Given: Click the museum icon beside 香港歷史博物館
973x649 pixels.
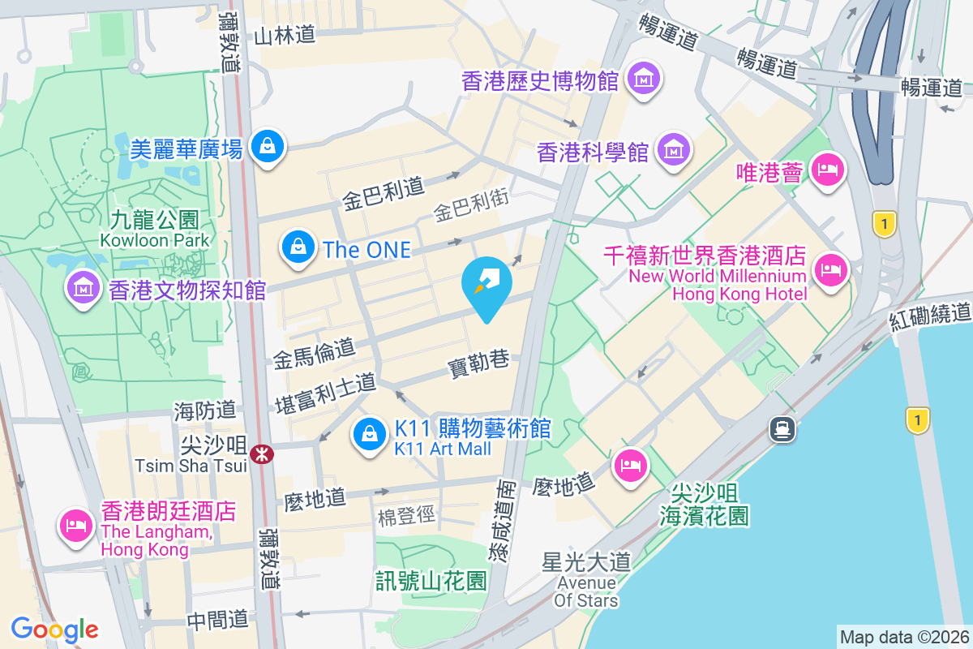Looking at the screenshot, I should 646,80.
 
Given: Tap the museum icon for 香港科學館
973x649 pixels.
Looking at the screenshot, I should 674,150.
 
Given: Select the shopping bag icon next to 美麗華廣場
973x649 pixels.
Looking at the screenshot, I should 266,146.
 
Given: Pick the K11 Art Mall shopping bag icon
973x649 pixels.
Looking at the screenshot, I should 370,433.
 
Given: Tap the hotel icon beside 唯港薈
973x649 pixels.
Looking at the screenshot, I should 828,170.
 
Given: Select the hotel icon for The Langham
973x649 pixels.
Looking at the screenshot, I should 75,523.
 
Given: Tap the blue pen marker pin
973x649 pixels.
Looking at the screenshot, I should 486,281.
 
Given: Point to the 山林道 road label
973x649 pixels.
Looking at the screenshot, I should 284,36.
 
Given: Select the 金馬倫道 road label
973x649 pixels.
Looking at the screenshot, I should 314,352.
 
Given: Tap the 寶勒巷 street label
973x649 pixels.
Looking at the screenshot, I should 478,366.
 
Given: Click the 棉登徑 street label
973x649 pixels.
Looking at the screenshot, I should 407,516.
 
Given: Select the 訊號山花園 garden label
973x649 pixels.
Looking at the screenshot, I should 431,581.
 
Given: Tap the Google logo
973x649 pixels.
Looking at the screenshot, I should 54,629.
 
